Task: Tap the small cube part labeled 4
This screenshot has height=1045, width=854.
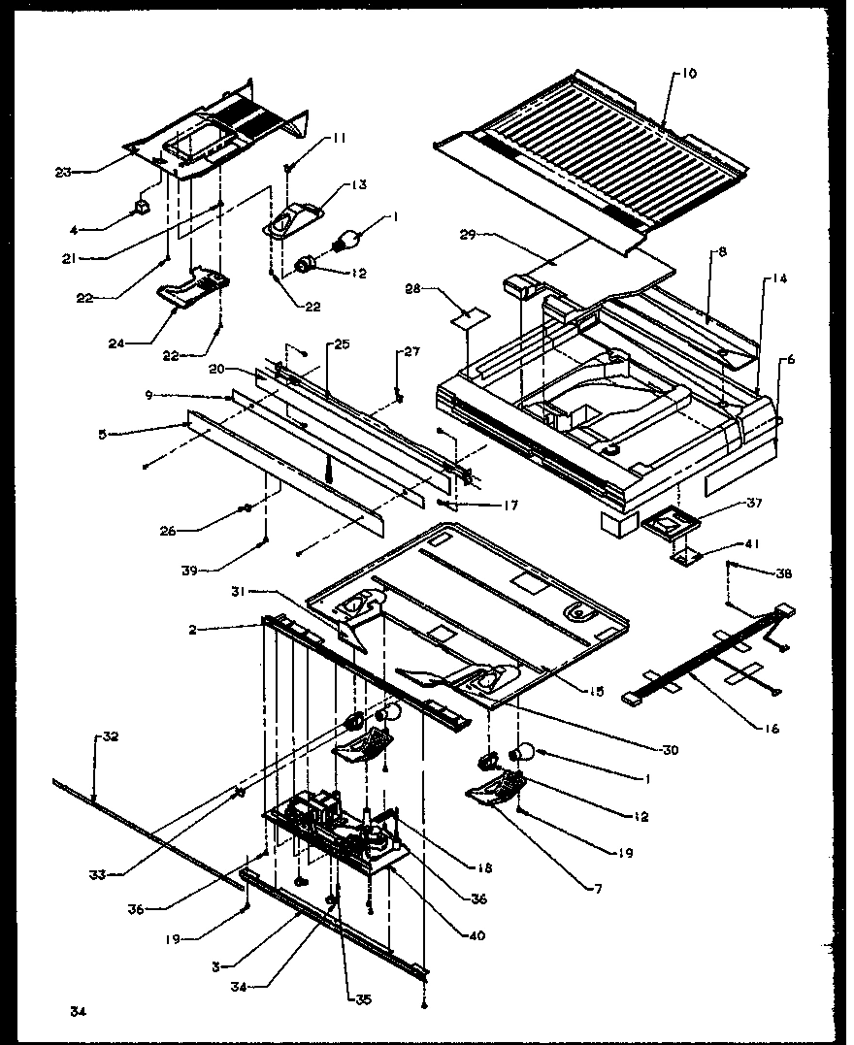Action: click(142, 208)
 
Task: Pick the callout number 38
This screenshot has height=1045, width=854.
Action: click(784, 574)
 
